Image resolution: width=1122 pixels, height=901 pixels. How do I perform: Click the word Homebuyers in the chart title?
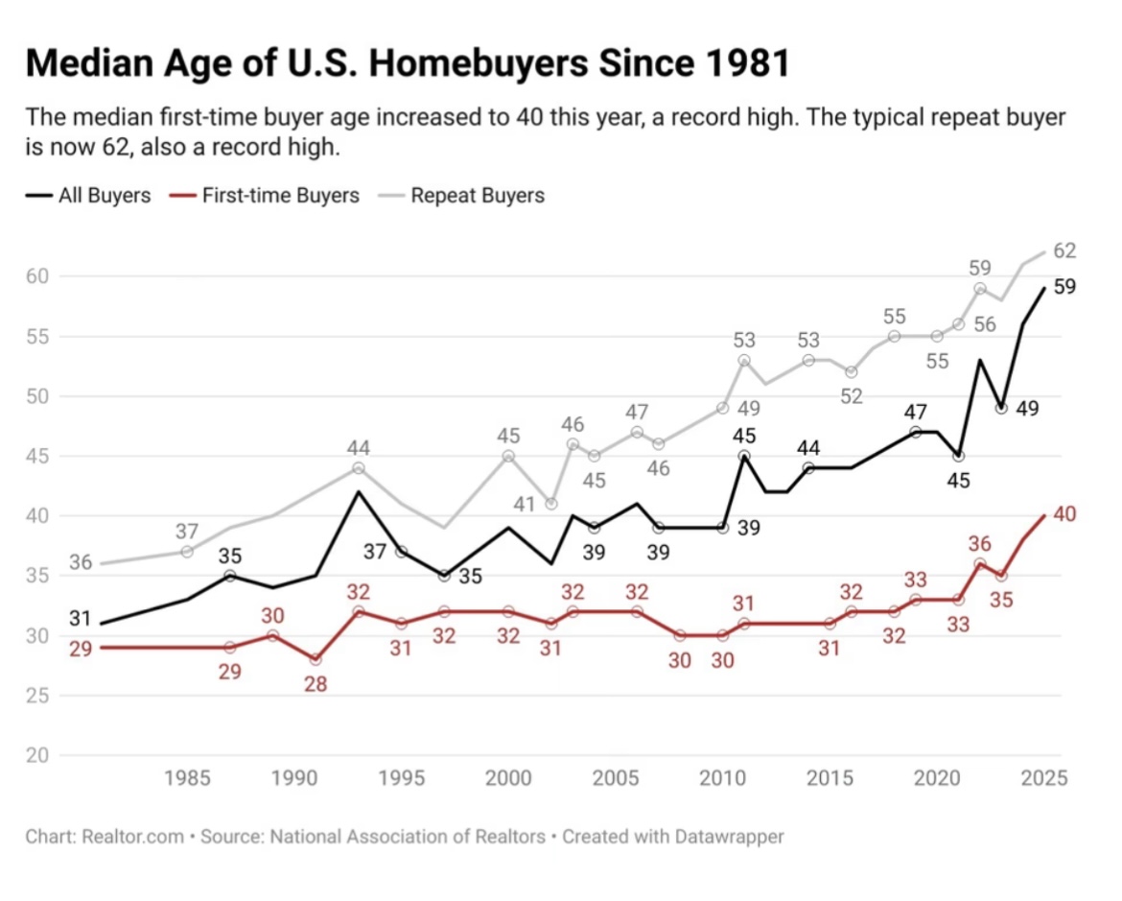[x=479, y=63]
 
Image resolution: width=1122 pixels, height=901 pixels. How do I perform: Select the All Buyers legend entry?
[x=89, y=196]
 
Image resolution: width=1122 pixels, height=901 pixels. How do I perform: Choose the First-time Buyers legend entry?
[x=265, y=196]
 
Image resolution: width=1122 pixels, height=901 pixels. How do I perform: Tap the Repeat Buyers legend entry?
[x=461, y=196]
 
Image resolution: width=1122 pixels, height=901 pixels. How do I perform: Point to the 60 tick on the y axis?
[x=38, y=275]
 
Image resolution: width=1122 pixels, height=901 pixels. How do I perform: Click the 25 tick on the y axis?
[x=38, y=696]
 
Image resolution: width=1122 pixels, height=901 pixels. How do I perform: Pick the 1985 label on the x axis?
[x=187, y=778]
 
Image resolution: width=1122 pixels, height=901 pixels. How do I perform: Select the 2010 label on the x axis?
[x=723, y=778]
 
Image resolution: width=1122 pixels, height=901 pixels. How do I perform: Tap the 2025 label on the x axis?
[x=1044, y=778]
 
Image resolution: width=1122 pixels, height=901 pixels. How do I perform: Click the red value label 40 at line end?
[x=1064, y=514]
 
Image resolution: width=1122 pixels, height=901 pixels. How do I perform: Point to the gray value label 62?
[x=1064, y=250]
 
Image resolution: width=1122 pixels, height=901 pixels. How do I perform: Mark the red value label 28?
[x=316, y=685]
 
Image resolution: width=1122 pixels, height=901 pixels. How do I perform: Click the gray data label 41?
[x=525, y=504]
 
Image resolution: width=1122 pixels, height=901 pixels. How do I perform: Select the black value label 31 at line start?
[x=81, y=618]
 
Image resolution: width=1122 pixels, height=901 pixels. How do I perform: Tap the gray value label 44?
[x=359, y=448]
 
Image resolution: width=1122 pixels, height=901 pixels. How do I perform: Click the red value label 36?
[x=980, y=544]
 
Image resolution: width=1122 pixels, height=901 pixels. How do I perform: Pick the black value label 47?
[x=915, y=413]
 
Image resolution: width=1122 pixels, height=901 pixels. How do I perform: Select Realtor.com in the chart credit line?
[x=133, y=837]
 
